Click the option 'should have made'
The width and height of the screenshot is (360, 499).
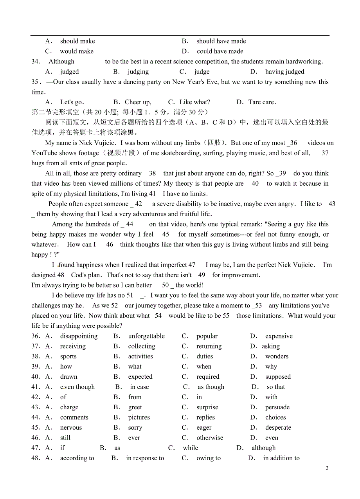point(221,41)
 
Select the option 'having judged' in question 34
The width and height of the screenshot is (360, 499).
point(284,72)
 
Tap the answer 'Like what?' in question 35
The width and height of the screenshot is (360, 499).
point(194,102)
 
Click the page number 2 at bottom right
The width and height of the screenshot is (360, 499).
point(327,468)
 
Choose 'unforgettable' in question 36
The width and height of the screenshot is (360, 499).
point(146,336)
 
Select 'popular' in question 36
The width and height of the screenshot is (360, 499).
point(207,336)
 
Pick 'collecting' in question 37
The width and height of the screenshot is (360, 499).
point(142,346)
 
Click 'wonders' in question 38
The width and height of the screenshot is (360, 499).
point(277,356)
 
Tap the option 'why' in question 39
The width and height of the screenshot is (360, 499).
point(271,367)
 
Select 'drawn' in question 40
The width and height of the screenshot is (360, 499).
point(69,377)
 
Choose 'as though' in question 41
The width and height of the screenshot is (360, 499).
point(211,387)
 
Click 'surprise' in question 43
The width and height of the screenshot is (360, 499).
point(207,407)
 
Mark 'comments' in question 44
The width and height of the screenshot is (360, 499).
point(74,418)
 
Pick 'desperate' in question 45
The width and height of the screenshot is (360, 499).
point(278,428)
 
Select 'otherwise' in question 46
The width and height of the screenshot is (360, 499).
point(210,438)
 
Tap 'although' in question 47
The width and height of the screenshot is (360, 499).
point(263,448)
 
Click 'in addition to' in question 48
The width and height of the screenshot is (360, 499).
point(281,458)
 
